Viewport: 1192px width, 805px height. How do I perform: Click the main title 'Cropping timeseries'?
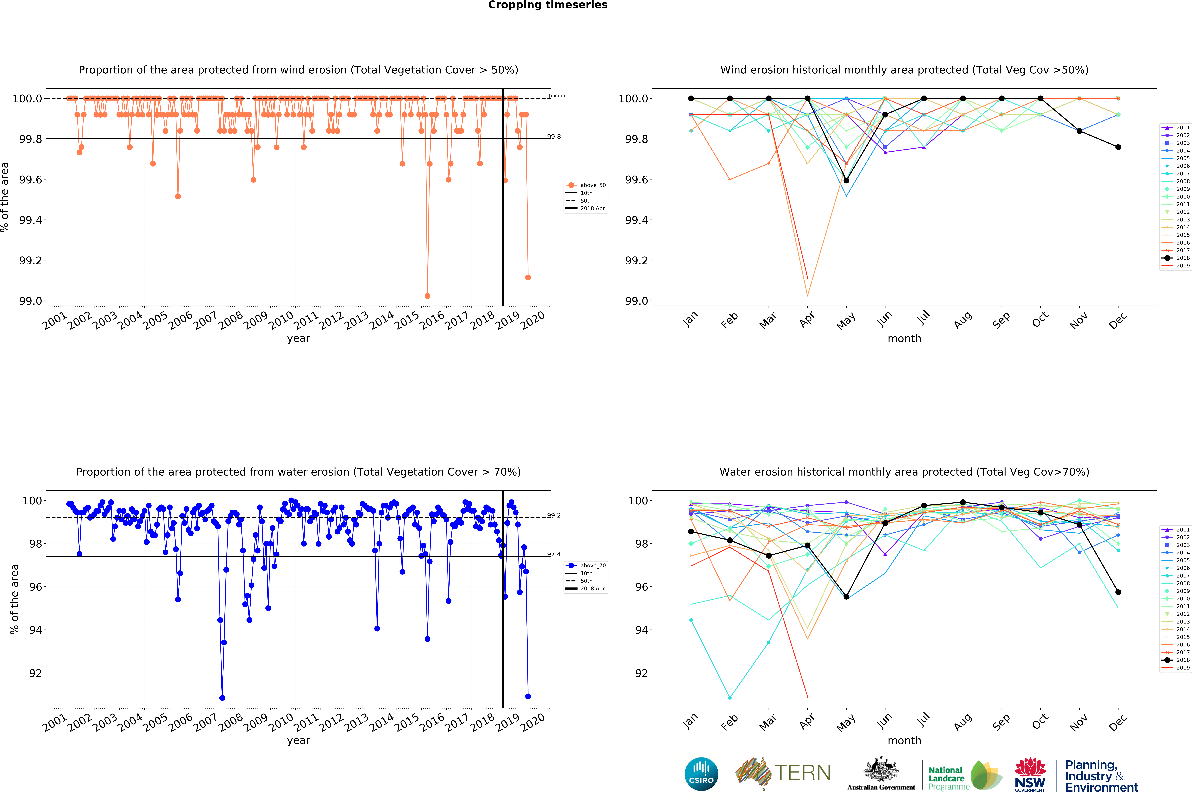coord(547,5)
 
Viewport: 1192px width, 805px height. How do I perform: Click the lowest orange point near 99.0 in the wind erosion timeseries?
coord(427,296)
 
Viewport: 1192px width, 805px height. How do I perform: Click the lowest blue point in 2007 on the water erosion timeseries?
coord(222,698)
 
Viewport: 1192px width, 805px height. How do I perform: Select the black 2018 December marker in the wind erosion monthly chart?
coord(1118,147)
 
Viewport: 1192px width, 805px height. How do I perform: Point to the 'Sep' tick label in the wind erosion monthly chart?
coord(1001,320)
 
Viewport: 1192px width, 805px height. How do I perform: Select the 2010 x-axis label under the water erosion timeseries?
coord(281,723)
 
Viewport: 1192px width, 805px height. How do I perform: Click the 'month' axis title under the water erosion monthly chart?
coord(904,740)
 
